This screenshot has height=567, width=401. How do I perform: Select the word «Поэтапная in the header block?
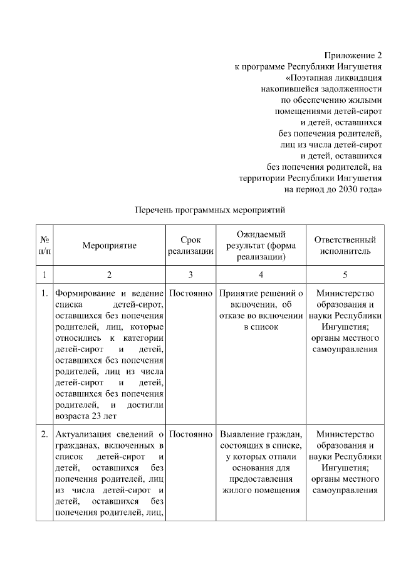(308, 78)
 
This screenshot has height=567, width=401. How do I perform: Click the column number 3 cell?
(190, 275)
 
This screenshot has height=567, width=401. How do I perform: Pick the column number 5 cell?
(345, 275)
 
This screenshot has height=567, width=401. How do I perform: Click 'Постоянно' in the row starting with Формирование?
(190, 293)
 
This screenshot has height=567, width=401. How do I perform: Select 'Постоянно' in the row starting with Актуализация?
(190, 434)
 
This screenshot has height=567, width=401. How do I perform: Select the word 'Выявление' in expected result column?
(241, 434)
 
